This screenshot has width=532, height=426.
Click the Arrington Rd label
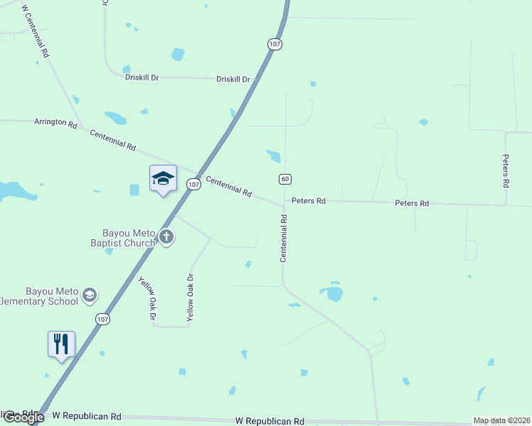pyautogui.click(x=55, y=123)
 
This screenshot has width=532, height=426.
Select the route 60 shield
pyautogui.click(x=285, y=179)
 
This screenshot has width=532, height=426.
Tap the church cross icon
pyautogui.click(x=166, y=237)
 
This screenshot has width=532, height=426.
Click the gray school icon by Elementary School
pyautogui.click(x=89, y=295)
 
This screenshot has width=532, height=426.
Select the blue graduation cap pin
pyautogui.click(x=163, y=178)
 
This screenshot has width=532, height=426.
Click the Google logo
pyautogui.click(x=23, y=417)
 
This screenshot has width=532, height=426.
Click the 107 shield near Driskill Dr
pyautogui.click(x=275, y=44)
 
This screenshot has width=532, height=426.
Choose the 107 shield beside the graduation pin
pyautogui.click(x=193, y=184)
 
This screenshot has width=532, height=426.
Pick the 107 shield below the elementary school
pyautogui.click(x=103, y=319)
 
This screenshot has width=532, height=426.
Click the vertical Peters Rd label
pyautogui.click(x=506, y=171)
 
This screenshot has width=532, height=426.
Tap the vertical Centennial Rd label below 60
pyautogui.click(x=283, y=239)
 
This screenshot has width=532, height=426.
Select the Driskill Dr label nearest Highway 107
pyautogui.click(x=234, y=79)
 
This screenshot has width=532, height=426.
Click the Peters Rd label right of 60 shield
pyautogui.click(x=309, y=201)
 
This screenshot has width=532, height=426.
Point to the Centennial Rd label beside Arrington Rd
pyautogui.click(x=112, y=139)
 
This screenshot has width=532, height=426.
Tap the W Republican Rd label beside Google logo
pyautogui.click(x=87, y=417)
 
